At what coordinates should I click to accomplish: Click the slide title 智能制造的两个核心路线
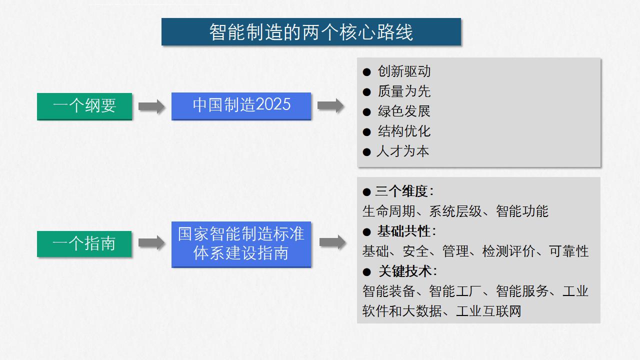(311, 32)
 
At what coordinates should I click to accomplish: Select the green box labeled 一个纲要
(84, 106)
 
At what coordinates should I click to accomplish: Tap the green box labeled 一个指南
(84, 244)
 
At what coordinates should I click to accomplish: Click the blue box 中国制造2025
(241, 105)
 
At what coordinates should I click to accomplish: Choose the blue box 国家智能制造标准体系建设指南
(241, 244)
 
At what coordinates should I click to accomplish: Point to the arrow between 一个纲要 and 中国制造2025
(151, 106)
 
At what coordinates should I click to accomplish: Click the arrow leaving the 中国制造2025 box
(330, 105)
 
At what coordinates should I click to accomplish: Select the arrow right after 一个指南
(151, 243)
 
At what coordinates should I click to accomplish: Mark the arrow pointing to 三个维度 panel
(332, 242)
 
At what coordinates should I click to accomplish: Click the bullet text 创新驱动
(404, 71)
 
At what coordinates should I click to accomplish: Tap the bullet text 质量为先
(404, 91)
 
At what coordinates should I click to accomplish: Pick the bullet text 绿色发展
(404, 111)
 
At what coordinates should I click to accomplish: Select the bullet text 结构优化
(404, 131)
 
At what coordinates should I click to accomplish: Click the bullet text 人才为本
(403, 151)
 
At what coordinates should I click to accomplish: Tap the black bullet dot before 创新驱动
(366, 72)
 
